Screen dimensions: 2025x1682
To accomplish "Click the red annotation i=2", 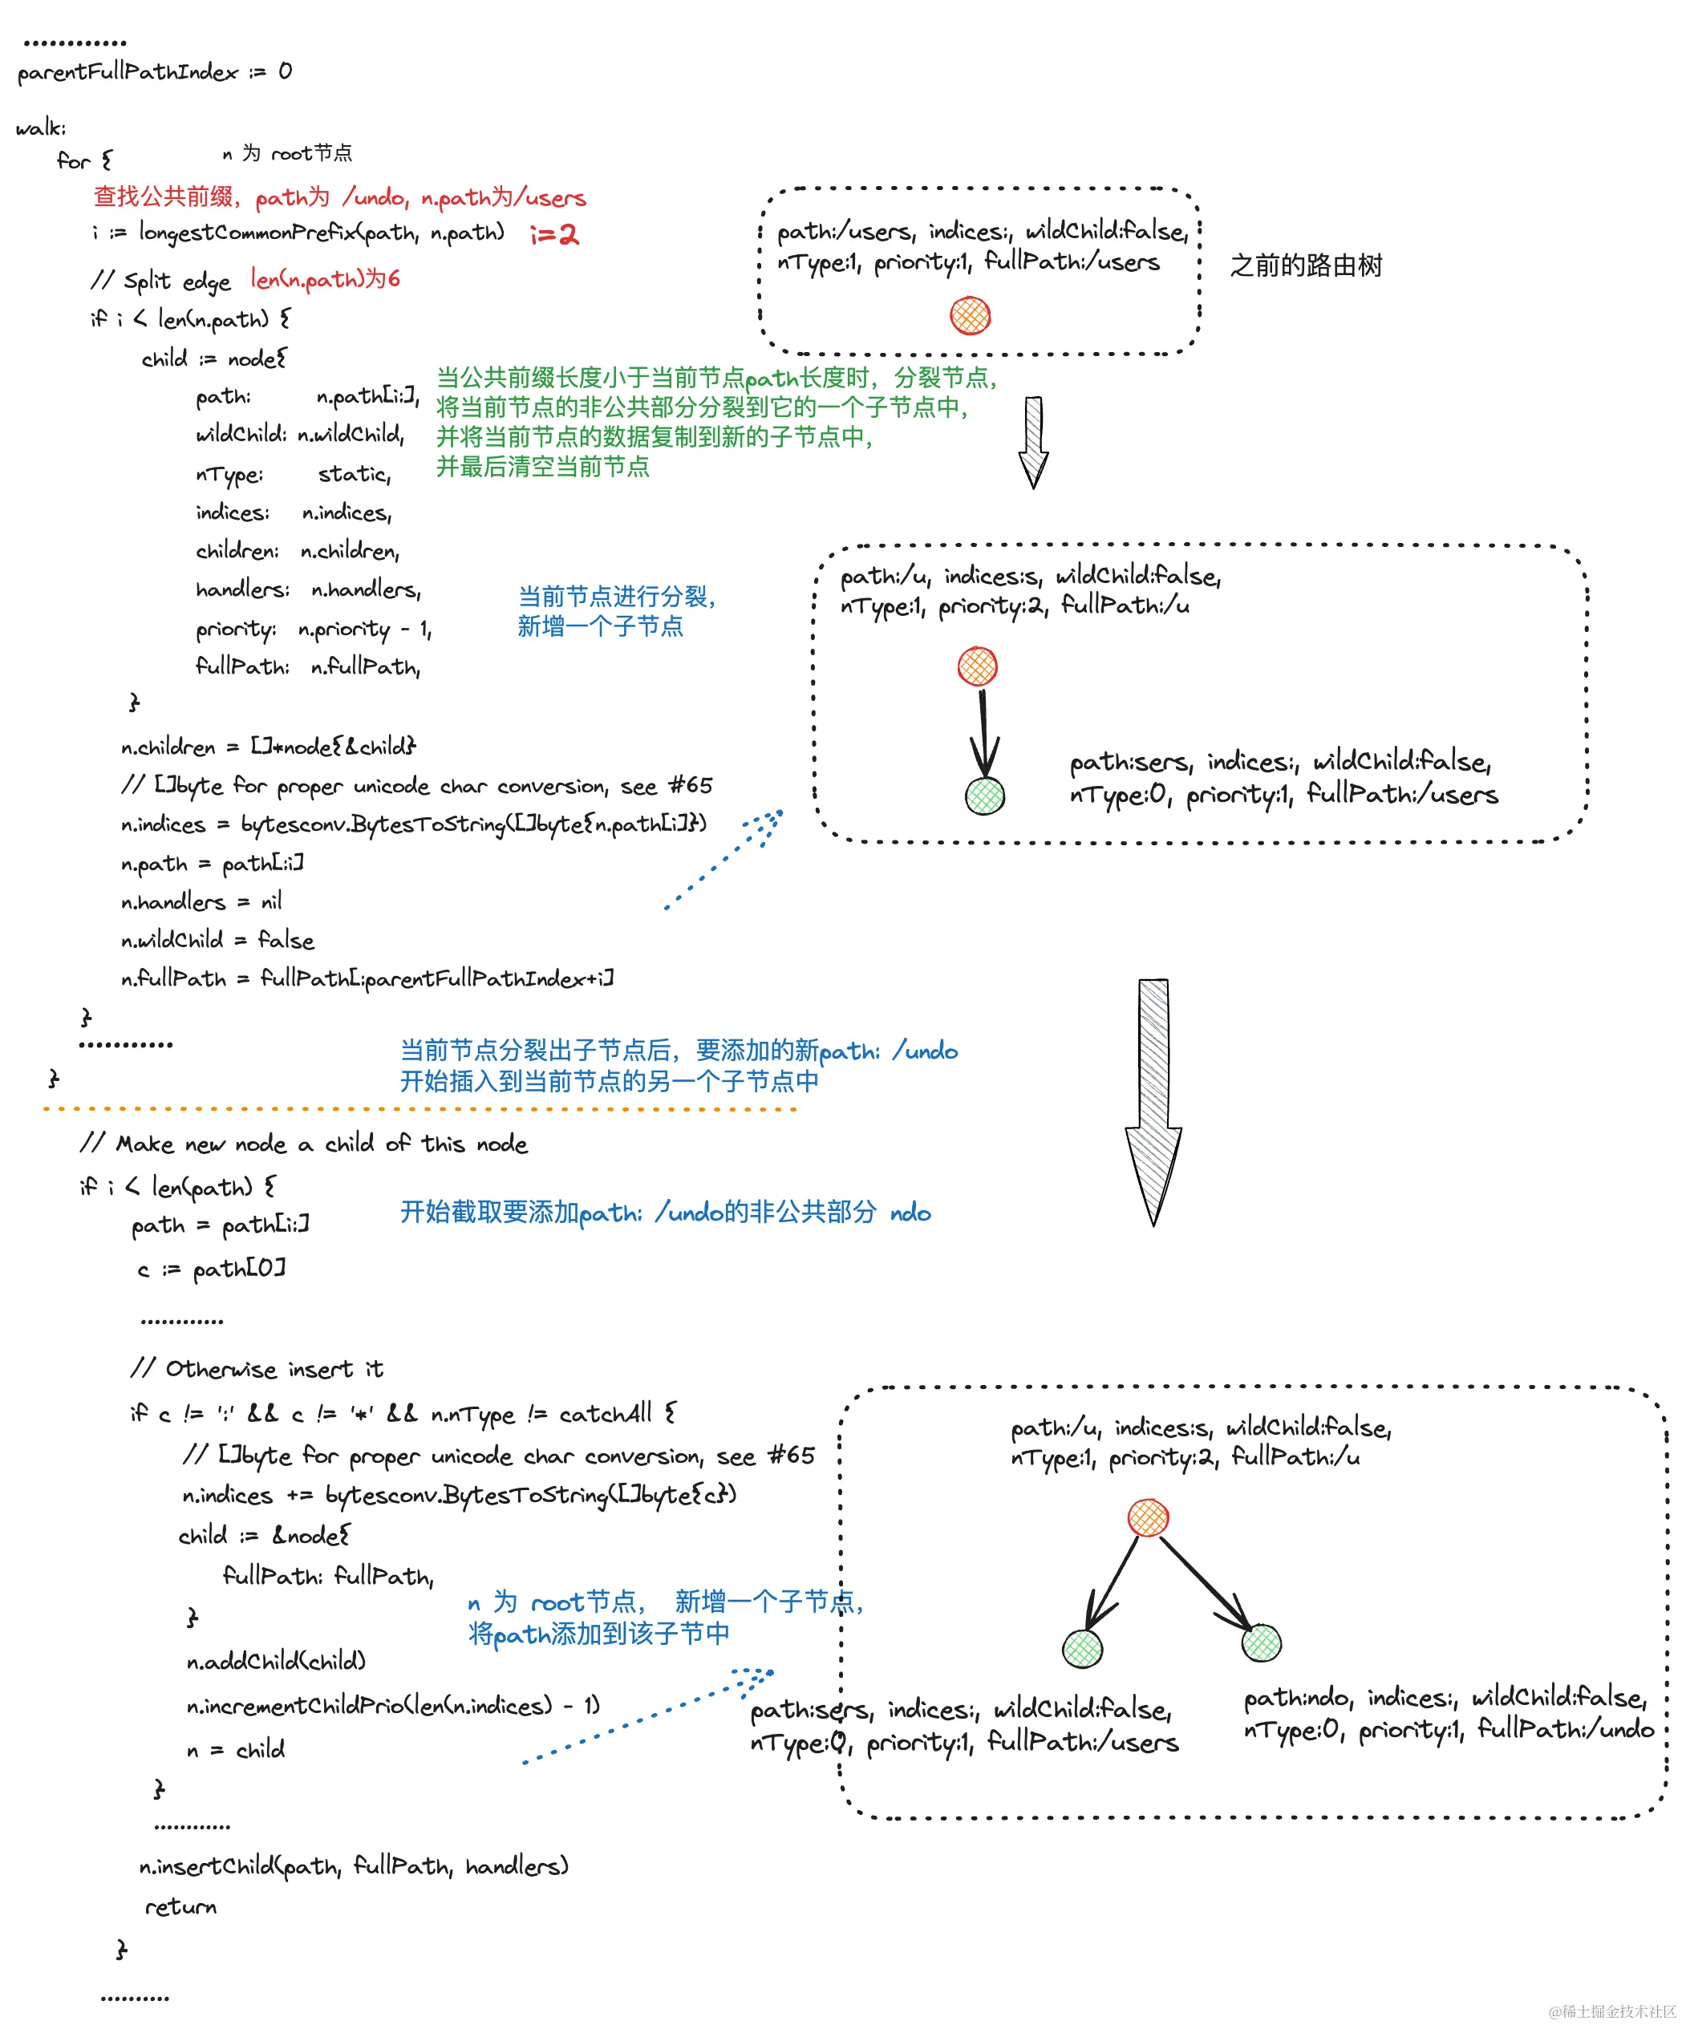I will click(554, 234).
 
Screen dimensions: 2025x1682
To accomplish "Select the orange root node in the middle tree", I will click(977, 666).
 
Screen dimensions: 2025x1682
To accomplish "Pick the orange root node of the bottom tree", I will click(1148, 1518).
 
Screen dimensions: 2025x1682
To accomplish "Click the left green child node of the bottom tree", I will click(1082, 1648).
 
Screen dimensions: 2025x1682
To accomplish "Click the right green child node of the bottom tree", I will click(1262, 1643).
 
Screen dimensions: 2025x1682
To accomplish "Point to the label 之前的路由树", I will click(1306, 265).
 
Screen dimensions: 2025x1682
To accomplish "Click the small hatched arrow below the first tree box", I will click(1034, 442).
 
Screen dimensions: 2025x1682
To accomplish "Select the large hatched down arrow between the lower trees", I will click(1153, 1100).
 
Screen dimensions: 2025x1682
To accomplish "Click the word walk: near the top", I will click(42, 128).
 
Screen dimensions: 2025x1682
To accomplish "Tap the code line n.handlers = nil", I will click(201, 901).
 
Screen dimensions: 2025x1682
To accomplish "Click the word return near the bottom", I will click(180, 1906).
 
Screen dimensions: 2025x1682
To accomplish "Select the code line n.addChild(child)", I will click(276, 1660).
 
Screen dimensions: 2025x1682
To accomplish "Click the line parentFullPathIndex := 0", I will click(154, 72).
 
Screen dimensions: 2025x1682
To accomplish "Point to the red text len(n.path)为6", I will click(325, 278).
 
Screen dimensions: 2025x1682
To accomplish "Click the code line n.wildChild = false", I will click(218, 940).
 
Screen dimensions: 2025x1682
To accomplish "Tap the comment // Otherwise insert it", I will click(257, 1369).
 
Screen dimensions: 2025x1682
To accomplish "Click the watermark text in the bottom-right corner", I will click(1611, 2011).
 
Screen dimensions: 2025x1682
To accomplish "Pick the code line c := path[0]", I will click(211, 1269).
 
